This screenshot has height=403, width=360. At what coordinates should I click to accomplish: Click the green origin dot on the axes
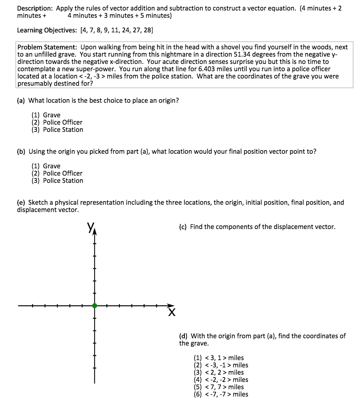95,306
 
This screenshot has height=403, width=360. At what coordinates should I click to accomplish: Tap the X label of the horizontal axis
172,312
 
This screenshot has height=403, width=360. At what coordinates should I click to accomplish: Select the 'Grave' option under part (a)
51,115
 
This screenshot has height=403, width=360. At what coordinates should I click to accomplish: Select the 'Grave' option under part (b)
51,166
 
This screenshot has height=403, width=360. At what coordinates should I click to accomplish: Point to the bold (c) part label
182,227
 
